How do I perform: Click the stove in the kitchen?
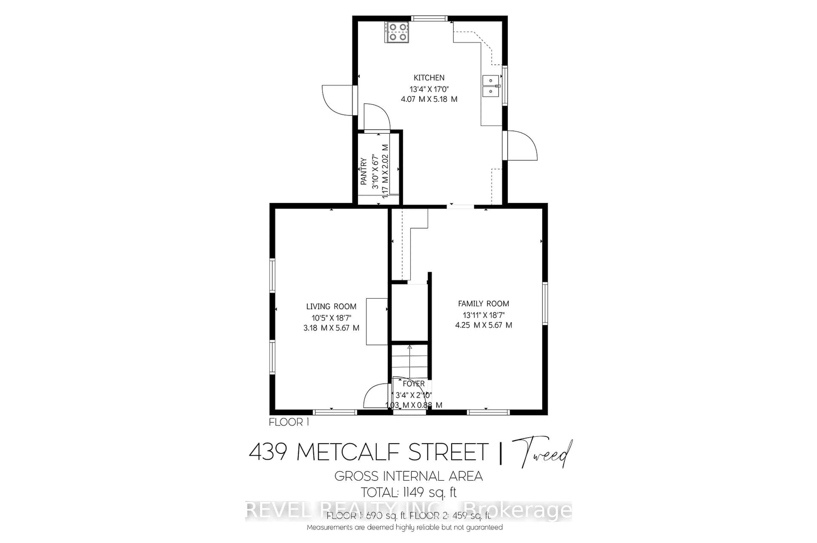point(397,32)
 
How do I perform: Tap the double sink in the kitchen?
point(491,86)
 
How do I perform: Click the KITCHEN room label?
point(429,78)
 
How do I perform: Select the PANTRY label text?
point(363,171)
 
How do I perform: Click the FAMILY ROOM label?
point(483,304)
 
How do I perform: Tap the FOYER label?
point(413,384)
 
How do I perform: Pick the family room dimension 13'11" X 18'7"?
point(483,315)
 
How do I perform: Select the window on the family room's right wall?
point(545,303)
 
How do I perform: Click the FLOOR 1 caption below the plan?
point(289,422)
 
